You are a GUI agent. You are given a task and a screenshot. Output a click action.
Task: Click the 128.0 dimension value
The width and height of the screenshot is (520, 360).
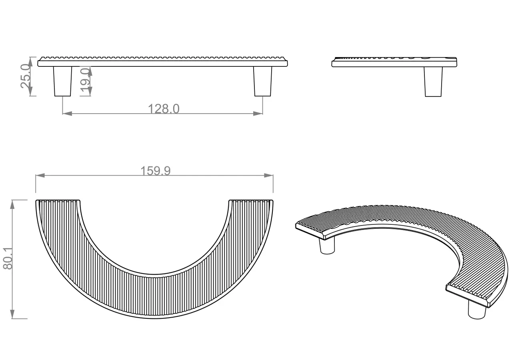(164, 109)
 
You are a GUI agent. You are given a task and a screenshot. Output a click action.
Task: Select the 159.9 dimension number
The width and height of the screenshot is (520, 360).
(156, 171)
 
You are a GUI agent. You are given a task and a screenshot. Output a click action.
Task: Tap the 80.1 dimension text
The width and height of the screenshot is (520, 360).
(8, 258)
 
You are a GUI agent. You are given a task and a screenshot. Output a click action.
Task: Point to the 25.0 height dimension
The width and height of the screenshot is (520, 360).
(26, 76)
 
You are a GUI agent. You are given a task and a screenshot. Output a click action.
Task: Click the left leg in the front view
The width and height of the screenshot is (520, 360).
(63, 81)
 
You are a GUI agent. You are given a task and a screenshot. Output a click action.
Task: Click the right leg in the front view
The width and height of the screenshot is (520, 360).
(262, 81)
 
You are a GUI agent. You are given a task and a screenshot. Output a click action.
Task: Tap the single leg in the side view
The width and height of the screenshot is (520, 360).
(433, 82)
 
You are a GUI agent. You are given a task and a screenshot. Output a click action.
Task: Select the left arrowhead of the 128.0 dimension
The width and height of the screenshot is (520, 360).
(67, 114)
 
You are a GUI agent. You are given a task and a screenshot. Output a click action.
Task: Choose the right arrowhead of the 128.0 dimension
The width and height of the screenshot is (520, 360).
(258, 114)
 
